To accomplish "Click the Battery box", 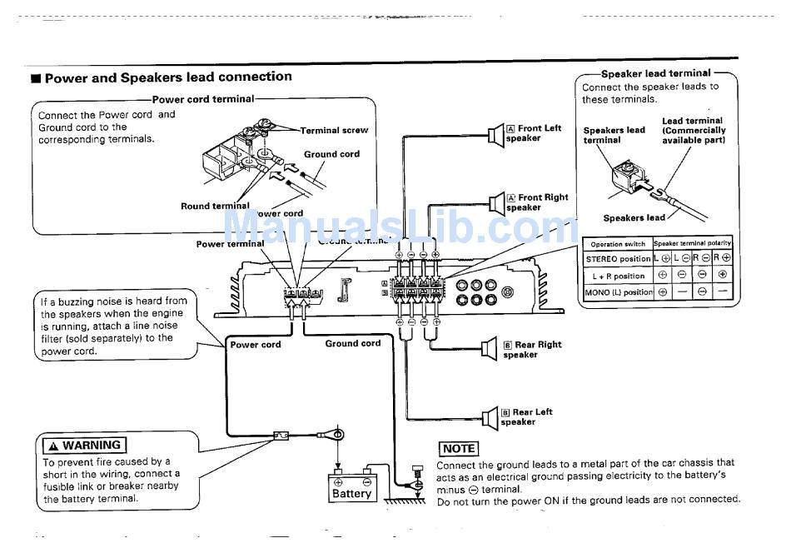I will [352, 488].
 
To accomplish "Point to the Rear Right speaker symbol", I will [489, 349].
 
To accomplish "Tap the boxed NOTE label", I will [458, 449].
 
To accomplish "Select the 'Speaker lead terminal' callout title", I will [656, 73].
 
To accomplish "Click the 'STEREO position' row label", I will [618, 259].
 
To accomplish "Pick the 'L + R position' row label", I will [618, 276].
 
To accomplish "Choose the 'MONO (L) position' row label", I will [618, 292].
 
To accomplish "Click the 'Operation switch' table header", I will [618, 244].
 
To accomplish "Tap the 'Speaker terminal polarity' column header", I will [692, 243].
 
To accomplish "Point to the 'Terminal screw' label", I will [334, 130].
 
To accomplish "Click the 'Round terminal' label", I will [215, 206].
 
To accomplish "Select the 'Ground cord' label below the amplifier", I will [353, 343].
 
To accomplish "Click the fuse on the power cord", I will [281, 434].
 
